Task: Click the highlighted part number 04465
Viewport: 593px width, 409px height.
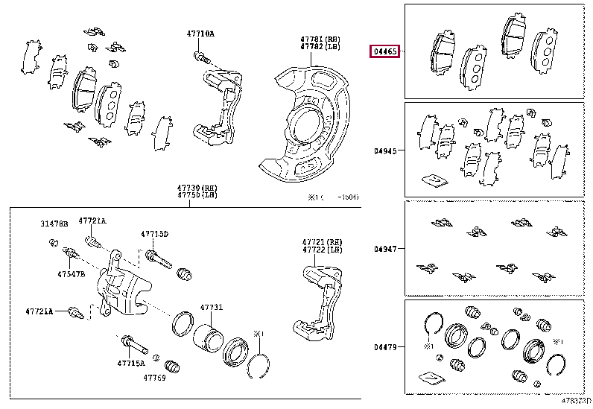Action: tap(386, 51)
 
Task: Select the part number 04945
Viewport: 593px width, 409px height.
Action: tap(386, 150)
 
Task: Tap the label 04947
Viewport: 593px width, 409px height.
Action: tap(386, 247)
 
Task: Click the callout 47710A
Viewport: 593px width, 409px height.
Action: tap(200, 34)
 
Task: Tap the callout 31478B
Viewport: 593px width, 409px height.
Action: tap(54, 223)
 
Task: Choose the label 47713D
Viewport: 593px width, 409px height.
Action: tap(155, 234)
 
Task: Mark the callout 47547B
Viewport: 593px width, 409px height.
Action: tap(72, 274)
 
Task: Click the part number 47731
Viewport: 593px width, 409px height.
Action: tap(211, 307)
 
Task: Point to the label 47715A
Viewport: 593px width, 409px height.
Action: tap(132, 363)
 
